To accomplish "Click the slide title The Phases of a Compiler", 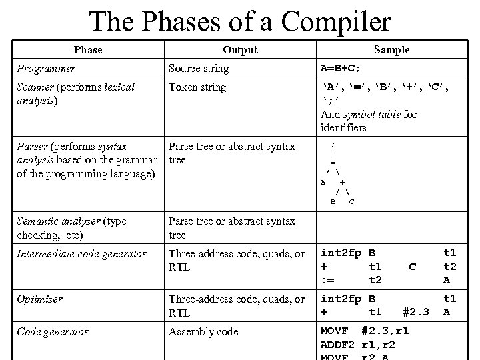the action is (x=240, y=21).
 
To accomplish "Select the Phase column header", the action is (x=88, y=50).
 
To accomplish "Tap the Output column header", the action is (x=240, y=50).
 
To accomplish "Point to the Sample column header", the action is (x=391, y=50).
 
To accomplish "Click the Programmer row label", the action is (x=46, y=69).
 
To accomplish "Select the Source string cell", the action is (x=198, y=69).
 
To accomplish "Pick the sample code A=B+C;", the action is (x=352, y=69).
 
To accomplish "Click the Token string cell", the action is (x=197, y=87).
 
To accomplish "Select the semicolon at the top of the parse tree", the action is (x=333, y=143).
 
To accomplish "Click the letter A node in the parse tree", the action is (x=323, y=181).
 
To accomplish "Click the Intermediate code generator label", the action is (x=81, y=254).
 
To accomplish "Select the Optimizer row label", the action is (x=39, y=299).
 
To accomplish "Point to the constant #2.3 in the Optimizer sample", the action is (x=416, y=312).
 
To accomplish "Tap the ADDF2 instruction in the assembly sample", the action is (x=337, y=345).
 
